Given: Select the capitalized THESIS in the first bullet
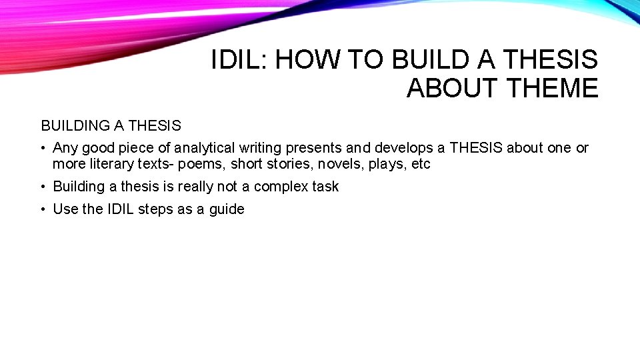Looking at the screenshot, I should (x=475, y=148).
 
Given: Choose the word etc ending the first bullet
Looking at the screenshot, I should (x=421, y=164).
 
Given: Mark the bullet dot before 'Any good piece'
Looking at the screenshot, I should (x=43, y=148).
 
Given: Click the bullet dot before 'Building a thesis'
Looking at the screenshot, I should (x=43, y=187).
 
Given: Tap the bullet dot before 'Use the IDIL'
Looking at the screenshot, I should (x=43, y=209).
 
